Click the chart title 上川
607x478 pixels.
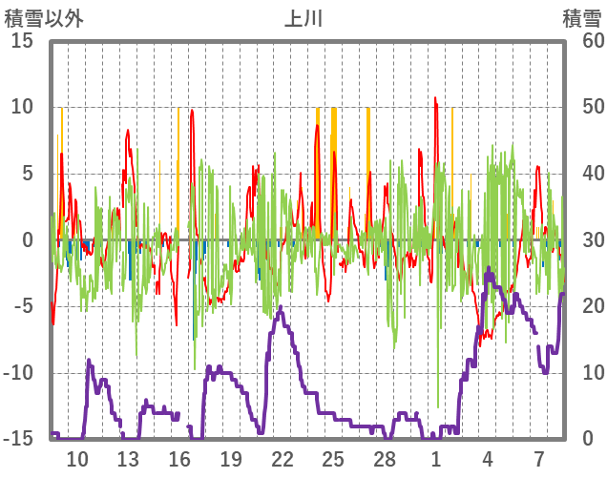pos(303,18)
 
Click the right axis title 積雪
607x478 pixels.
pos(581,18)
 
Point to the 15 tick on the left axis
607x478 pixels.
pos(22,41)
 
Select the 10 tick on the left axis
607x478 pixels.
pos(22,107)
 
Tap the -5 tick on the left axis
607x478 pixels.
pos(22,306)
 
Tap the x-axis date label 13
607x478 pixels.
pos(128,458)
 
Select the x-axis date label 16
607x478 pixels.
pos(179,458)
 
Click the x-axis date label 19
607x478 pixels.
pos(230,458)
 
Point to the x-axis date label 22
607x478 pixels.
pos(282,458)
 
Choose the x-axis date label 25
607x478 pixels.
pos(333,458)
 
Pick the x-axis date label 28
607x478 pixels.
pos(385,458)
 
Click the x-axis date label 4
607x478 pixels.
pos(488,458)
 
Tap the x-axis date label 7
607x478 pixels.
pos(539,458)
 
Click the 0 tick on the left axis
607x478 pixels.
pos(28,240)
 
